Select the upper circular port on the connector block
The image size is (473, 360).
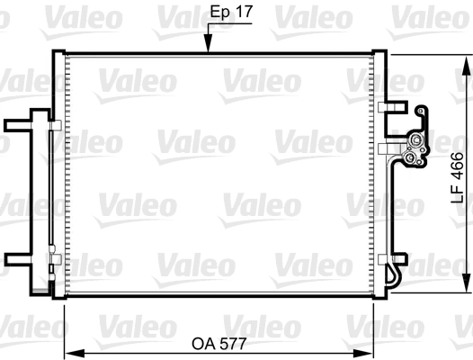(x=416, y=141)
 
